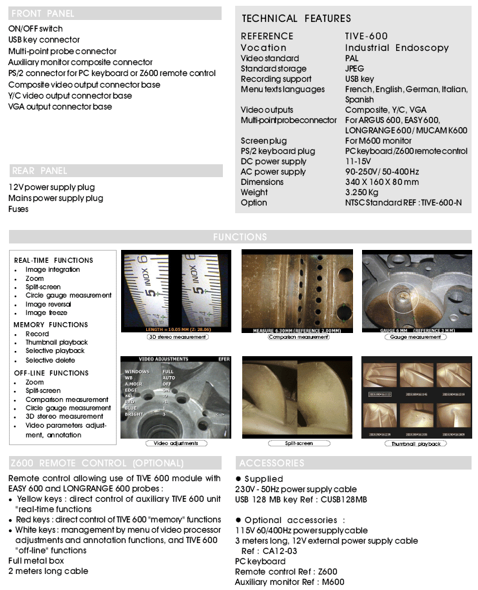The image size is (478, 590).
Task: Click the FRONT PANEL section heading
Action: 43,13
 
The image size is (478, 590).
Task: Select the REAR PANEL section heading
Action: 40,171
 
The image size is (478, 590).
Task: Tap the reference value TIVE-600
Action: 367,36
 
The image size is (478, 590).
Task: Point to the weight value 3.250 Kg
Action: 362,192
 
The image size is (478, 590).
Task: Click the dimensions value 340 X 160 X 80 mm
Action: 381,182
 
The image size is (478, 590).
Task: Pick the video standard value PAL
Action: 352,58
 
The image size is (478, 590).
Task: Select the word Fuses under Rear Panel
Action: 19,209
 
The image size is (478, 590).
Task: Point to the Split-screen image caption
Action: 298,443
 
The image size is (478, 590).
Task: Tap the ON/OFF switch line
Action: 35,28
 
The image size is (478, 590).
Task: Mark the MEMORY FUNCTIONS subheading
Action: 51,325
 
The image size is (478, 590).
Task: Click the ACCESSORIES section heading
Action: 271,462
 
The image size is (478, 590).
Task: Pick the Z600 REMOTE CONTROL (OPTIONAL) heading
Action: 97,462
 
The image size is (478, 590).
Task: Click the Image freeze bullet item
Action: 46,312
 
